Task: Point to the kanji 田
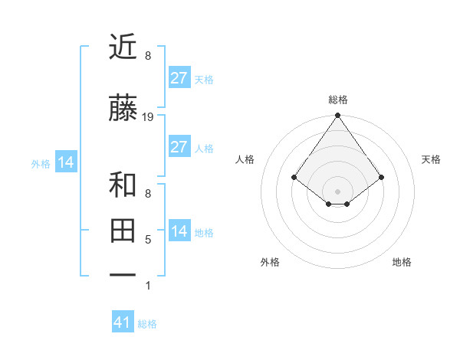click(124, 230)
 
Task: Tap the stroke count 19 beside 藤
click(148, 117)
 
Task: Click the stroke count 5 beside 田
click(148, 240)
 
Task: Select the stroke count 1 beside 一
click(148, 286)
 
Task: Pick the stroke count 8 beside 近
click(148, 56)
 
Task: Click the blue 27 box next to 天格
click(179, 77)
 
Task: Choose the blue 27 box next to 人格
click(179, 146)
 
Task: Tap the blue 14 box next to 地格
click(179, 231)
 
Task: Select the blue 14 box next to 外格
click(66, 162)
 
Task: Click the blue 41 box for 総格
click(123, 322)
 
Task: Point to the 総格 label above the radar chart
click(337, 100)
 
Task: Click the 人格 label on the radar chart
click(245, 159)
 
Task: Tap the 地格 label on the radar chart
click(402, 262)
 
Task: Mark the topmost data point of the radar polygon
click(337, 116)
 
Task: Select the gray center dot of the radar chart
click(337, 191)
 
